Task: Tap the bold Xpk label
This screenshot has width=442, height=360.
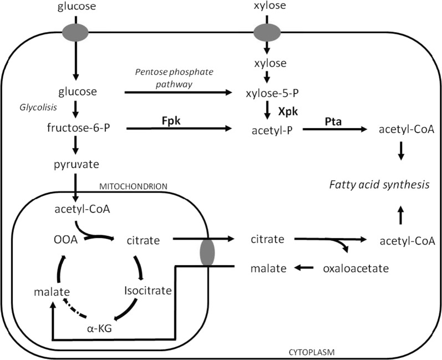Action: point(288,111)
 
